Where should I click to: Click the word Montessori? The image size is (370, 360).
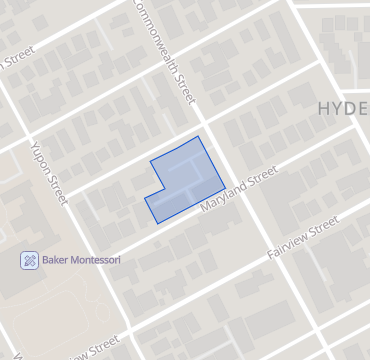pos(96,260)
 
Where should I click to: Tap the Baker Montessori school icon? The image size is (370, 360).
pos(29,260)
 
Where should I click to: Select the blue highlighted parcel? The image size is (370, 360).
pos(185,180)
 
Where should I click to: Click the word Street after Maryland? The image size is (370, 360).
pos(262,178)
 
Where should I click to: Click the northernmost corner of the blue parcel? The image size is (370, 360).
pos(198,136)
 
